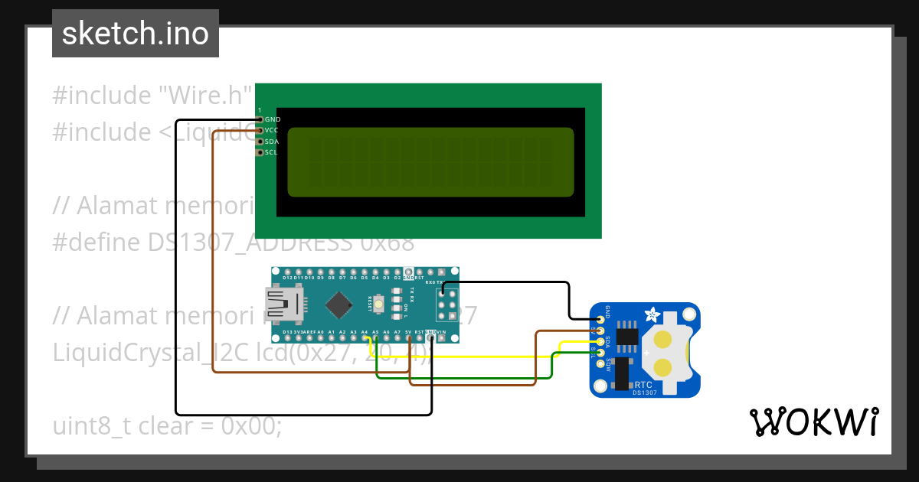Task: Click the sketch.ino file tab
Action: click(x=135, y=34)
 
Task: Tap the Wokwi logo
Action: click(x=813, y=422)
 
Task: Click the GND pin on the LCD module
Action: click(x=260, y=119)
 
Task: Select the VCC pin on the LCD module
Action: click(x=260, y=131)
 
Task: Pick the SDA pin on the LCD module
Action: click(x=260, y=142)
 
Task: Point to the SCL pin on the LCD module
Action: click(x=260, y=152)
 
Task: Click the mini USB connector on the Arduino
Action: click(x=282, y=305)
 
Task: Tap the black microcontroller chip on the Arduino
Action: click(x=338, y=305)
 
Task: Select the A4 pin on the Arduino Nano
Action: click(x=365, y=338)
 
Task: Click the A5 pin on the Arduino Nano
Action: click(x=375, y=338)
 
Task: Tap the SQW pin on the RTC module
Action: click(x=600, y=364)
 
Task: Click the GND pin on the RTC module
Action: click(x=600, y=317)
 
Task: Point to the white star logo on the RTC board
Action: click(x=652, y=314)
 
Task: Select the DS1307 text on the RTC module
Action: click(x=645, y=392)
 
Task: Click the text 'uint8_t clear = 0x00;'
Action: click(x=167, y=425)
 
